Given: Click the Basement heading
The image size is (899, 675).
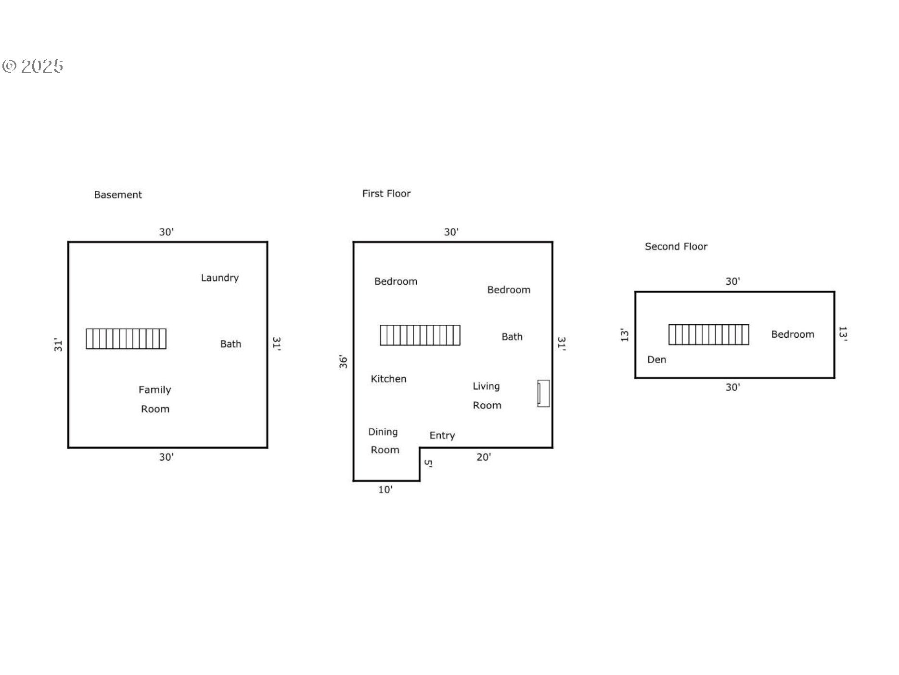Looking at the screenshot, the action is [118, 195].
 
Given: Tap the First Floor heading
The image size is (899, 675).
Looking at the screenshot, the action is [386, 193].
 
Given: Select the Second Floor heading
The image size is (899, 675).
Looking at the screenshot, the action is [676, 246].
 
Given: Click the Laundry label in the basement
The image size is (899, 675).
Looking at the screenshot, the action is [220, 278].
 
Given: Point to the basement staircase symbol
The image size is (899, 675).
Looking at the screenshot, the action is [126, 339].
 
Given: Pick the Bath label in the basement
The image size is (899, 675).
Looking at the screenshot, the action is [231, 344].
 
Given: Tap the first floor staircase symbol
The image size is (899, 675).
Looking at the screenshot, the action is [420, 335].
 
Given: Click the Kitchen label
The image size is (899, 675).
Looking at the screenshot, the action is [388, 379].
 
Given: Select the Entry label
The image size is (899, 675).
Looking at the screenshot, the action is [442, 436].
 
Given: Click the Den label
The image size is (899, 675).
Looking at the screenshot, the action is [656, 359].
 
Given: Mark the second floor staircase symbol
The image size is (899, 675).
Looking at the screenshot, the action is [709, 334].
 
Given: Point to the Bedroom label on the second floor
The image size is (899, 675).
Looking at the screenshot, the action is [793, 334].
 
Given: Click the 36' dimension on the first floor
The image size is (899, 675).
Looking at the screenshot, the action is [343, 362].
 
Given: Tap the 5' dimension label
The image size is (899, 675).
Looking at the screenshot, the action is [428, 463].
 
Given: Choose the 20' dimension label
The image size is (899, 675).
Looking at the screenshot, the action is [484, 457].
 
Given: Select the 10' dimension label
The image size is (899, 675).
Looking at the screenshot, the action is [385, 490].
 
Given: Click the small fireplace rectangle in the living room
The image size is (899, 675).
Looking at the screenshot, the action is [543, 393].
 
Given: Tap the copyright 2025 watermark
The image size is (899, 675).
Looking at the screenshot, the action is [33, 66].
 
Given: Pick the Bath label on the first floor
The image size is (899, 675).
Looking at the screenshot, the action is [512, 337].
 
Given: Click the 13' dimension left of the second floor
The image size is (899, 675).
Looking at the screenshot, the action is [624, 335].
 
